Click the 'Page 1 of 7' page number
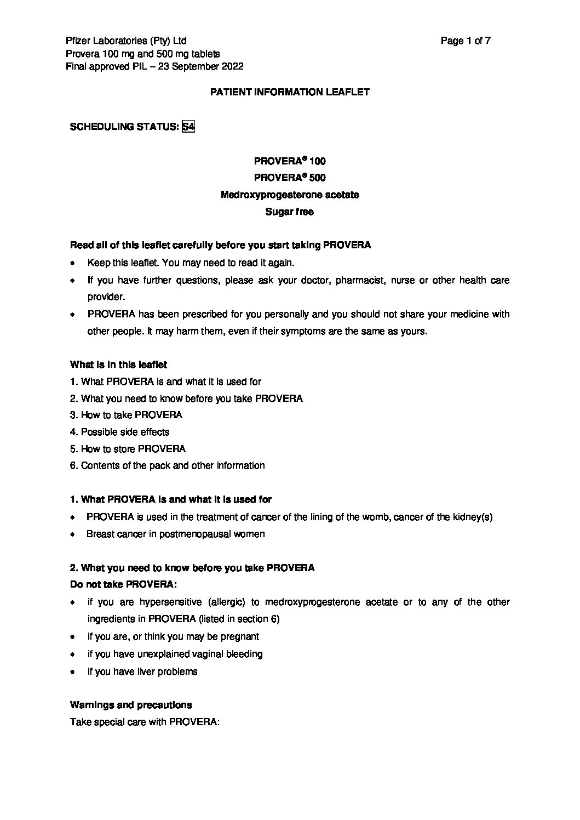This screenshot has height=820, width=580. [x=465, y=41]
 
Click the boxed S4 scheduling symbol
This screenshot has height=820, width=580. [x=188, y=127]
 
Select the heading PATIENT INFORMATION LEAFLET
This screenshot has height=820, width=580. [x=290, y=92]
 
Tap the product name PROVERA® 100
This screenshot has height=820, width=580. [x=290, y=161]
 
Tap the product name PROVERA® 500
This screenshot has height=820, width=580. [x=290, y=178]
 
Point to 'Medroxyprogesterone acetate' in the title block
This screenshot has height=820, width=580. [x=290, y=195]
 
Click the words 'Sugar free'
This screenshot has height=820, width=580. [x=290, y=212]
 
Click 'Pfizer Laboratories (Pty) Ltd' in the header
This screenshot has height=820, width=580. [x=126, y=41]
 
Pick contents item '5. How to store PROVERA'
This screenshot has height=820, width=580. [x=128, y=449]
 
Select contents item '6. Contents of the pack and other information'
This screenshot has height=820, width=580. [x=167, y=465]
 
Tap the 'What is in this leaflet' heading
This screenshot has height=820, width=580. [x=118, y=365]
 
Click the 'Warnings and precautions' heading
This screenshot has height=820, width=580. [x=131, y=705]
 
